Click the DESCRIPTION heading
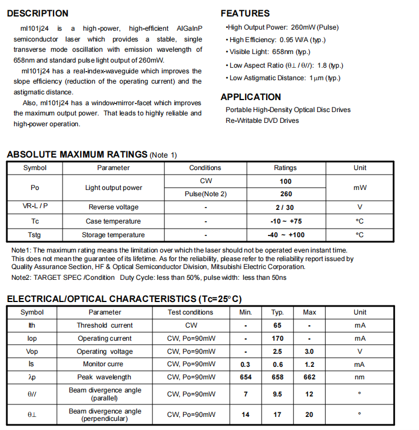coord(38,13)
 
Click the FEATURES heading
coord(245,13)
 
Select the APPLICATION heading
coord(251,97)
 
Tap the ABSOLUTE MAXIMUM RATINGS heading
coord(77,154)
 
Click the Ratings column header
coord(285,168)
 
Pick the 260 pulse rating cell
coord(285,194)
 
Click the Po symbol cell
coord(35,188)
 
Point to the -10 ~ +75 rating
coord(285,221)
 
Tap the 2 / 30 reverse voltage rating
coord(285,208)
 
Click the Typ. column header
coord(277,312)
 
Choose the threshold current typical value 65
coord(277,325)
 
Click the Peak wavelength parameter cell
coord(105,377)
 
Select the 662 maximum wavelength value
coord(309,377)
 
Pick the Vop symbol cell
coord(32,352)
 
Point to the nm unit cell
coord(360,377)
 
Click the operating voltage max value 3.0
coord(309,352)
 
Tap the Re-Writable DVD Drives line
coord(262,121)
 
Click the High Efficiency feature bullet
coord(277,40)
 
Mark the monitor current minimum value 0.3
coord(246,365)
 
